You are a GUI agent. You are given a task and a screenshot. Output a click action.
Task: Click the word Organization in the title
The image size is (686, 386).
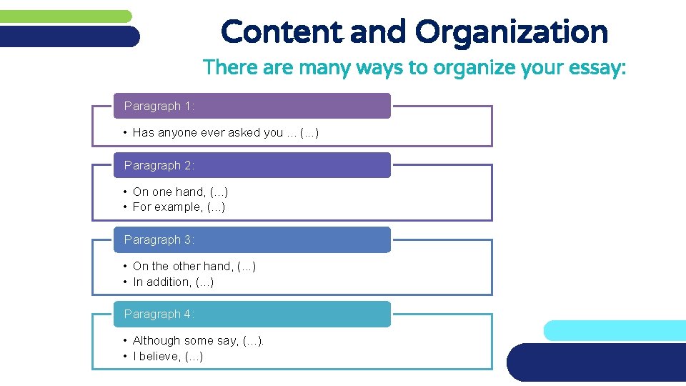coord(511,32)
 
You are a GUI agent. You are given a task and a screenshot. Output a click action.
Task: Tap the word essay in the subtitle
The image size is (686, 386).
coord(599,68)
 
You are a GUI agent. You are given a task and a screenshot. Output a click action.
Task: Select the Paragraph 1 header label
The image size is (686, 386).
coord(159,107)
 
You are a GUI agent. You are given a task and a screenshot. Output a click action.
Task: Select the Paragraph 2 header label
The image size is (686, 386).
coord(159,166)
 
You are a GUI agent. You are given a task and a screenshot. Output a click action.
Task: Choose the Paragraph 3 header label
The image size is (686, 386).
coord(159,240)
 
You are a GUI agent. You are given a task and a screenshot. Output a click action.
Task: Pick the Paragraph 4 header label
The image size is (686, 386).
coord(159,315)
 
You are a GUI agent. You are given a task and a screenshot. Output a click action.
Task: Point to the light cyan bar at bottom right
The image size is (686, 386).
coord(615,330)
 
